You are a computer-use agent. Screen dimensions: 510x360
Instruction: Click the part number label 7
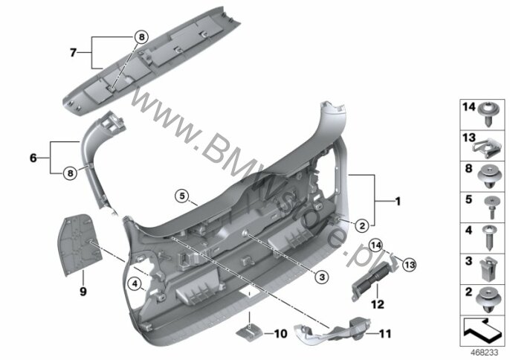[x=73, y=52]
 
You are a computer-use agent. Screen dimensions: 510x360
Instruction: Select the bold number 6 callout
[x=33, y=158]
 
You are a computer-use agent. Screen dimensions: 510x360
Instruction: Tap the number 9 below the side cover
[x=83, y=291]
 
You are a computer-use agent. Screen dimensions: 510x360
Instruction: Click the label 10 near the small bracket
[x=281, y=334]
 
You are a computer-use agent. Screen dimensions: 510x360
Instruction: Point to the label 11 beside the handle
[x=385, y=334]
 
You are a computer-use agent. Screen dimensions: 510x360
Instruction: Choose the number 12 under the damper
[x=378, y=305]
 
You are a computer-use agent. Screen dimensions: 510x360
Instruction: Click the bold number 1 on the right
[x=398, y=202]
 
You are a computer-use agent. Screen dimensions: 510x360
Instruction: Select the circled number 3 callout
[x=322, y=277]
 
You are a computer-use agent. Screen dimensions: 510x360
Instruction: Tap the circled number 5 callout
[x=182, y=196]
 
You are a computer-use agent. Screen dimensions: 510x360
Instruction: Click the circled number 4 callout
[x=135, y=283]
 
